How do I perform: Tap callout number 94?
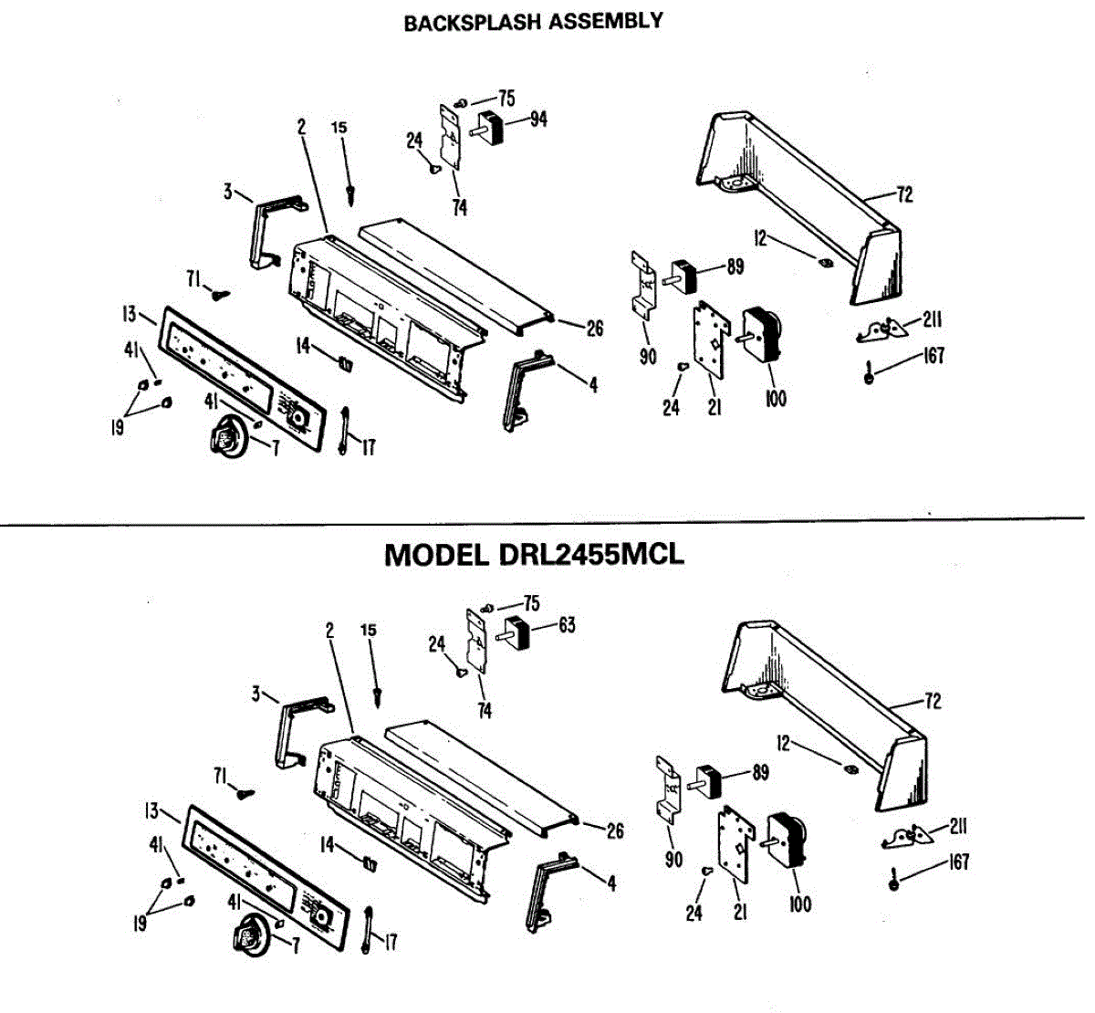(x=538, y=119)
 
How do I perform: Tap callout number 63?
(x=567, y=625)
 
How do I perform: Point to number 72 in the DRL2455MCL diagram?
(x=932, y=701)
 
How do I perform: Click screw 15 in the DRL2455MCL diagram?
(x=378, y=696)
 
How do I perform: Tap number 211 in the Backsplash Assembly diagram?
(x=932, y=319)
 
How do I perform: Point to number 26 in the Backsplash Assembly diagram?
(x=594, y=328)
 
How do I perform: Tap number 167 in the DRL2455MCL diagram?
(x=958, y=862)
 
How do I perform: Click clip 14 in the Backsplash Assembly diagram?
(x=345, y=363)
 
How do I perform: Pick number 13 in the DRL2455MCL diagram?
(x=151, y=810)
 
